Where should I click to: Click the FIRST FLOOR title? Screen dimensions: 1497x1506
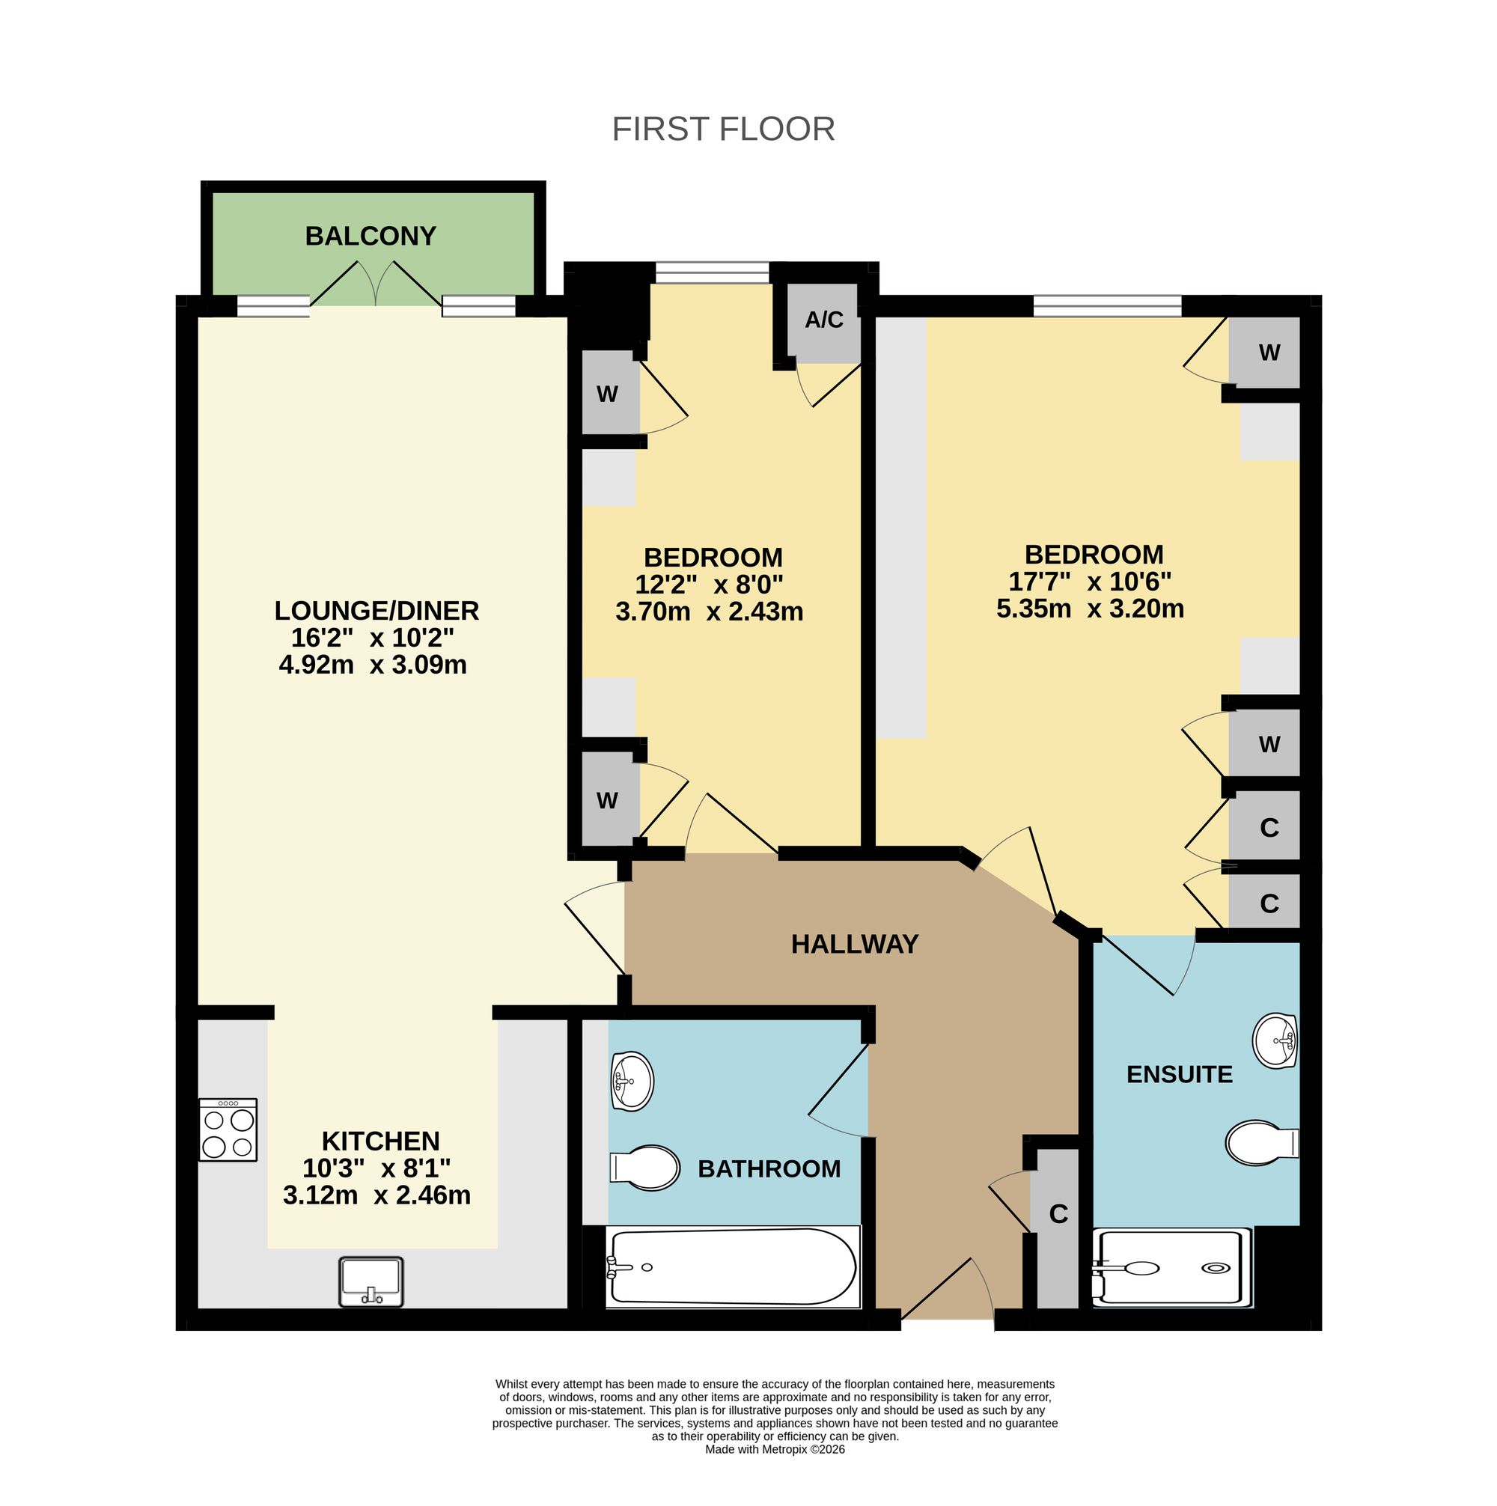[x=723, y=129]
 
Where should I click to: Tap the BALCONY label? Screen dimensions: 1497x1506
[x=371, y=236]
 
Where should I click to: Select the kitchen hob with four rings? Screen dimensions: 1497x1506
[x=228, y=1129]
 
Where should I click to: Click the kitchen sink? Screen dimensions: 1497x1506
[x=371, y=1281]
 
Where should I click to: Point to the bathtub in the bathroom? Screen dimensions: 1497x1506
[x=732, y=1266]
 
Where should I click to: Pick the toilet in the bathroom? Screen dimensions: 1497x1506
[x=644, y=1168]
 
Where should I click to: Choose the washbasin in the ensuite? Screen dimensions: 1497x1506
[x=1274, y=1040]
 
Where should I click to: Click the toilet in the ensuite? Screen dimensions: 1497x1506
[x=1262, y=1144]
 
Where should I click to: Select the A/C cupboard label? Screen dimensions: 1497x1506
[x=824, y=320]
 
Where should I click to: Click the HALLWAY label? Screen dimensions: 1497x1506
[x=855, y=944]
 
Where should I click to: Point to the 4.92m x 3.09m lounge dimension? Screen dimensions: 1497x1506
[x=373, y=665]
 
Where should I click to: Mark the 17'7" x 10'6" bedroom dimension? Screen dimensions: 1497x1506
[x=1090, y=582]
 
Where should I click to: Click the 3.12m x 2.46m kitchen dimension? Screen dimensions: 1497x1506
[x=376, y=1195]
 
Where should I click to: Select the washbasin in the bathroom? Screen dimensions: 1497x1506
[x=632, y=1080]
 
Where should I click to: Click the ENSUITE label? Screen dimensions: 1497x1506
[x=1180, y=1074]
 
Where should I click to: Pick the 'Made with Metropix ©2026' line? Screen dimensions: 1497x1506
[x=775, y=1450]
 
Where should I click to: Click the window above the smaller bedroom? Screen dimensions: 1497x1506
[x=713, y=272]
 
